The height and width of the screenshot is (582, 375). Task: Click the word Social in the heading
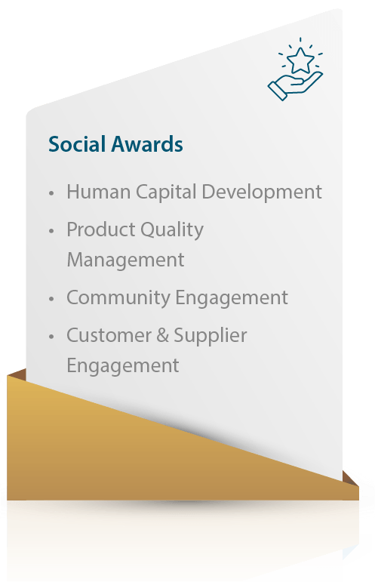[x=77, y=144]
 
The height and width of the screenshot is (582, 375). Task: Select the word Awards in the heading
[x=147, y=144]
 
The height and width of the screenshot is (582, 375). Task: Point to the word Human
[x=98, y=192]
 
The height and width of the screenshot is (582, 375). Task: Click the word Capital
[x=166, y=192]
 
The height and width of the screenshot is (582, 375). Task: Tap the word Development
[x=262, y=192]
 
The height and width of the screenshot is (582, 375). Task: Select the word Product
[x=101, y=229]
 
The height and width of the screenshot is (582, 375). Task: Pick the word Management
[x=125, y=260]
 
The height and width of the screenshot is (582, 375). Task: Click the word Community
[x=118, y=298]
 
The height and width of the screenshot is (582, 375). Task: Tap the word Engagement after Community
[x=232, y=298]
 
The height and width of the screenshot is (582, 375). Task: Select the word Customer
[x=109, y=336]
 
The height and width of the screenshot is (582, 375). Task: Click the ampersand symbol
[x=162, y=336]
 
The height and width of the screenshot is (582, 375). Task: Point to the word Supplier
[x=211, y=336]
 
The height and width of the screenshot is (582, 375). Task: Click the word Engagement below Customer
[x=123, y=366]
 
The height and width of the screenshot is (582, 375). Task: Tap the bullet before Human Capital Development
[x=51, y=193]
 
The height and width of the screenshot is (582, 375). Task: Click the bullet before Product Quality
[x=51, y=231]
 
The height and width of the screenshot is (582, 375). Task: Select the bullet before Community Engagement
[x=51, y=299]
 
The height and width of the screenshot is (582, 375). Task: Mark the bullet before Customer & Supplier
[x=51, y=337]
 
